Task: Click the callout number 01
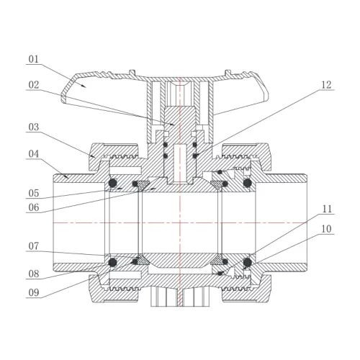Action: [33, 59]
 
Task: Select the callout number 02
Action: [33, 85]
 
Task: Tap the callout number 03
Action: [33, 127]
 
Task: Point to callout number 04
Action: [33, 154]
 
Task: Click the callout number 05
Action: [33, 193]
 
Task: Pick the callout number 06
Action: [33, 207]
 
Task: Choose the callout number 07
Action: [33, 246]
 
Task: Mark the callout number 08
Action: [33, 274]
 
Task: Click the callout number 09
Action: [33, 292]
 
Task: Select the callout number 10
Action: [326, 229]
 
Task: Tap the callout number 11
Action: [326, 209]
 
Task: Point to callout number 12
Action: [326, 85]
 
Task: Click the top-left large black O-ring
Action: [112, 183]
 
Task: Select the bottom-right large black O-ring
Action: [248, 262]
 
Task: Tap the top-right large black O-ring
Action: [248, 183]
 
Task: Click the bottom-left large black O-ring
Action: [112, 262]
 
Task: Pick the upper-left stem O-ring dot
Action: [165, 145]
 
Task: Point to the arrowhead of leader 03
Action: [94, 156]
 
